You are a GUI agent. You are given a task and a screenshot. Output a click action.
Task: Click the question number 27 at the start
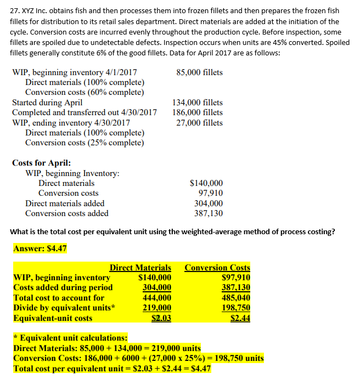coord(15,11)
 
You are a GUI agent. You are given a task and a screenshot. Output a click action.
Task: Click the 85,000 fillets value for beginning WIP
coord(199,72)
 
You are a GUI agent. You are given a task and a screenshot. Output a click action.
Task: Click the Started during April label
coord(47,103)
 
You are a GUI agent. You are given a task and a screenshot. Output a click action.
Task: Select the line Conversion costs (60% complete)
coord(85,92)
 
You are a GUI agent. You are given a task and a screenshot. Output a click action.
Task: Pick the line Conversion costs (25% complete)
coord(85,143)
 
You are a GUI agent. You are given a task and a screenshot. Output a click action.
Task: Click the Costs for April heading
coord(41,163)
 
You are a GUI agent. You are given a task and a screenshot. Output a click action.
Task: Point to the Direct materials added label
coord(65,203)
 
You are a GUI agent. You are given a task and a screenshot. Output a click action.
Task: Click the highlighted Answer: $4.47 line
coord(40,248)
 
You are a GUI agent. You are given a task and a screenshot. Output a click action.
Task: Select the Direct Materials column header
coord(140,268)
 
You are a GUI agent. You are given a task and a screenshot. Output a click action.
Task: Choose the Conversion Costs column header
coord(217,268)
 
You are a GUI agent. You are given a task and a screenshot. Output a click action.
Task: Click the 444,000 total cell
coord(157,298)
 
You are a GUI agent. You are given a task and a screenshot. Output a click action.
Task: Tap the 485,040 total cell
coord(235,298)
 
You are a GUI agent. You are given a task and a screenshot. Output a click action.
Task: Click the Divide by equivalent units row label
coord(64,308)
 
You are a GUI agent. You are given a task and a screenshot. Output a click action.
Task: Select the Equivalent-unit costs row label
coord(53,318)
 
